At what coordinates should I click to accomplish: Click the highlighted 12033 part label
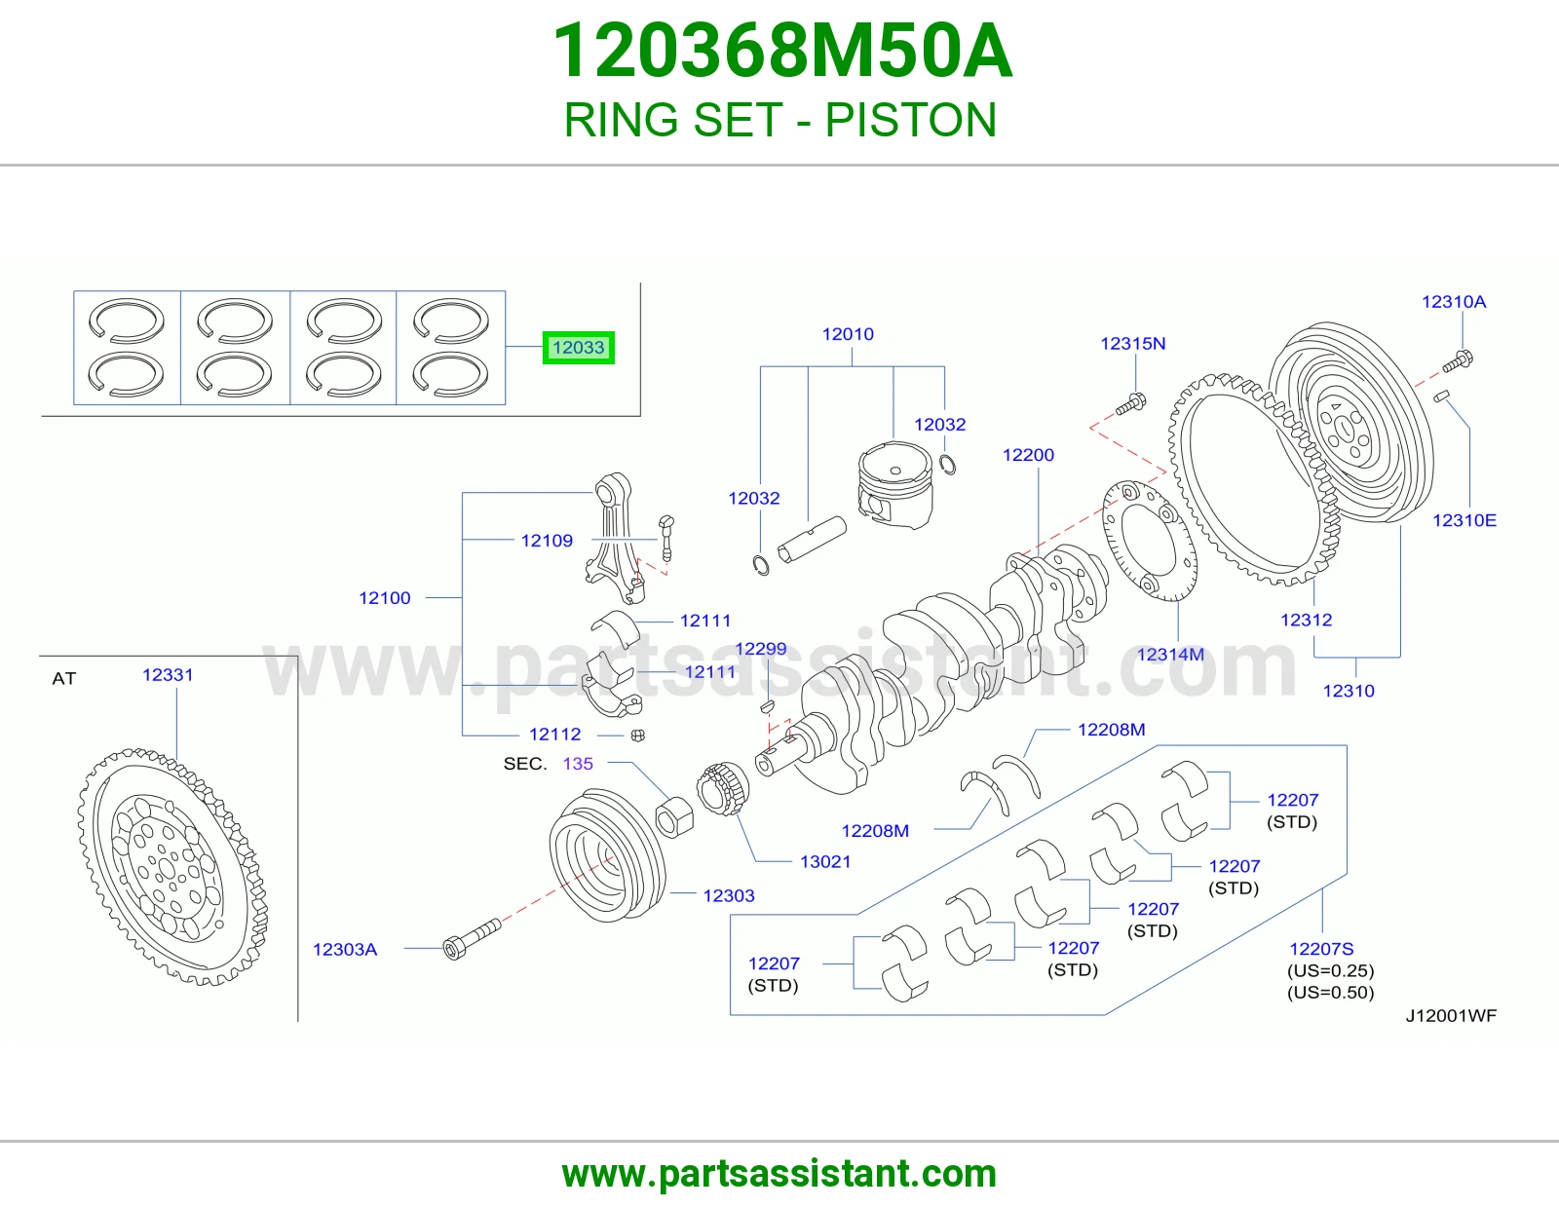pyautogui.click(x=578, y=348)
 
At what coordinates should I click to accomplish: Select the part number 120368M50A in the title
pyautogui.click(x=782, y=51)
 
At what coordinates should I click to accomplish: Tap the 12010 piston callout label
pyautogui.click(x=848, y=334)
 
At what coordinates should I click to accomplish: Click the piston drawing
pyautogui.click(x=895, y=485)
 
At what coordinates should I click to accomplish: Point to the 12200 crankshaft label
pyautogui.click(x=1028, y=455)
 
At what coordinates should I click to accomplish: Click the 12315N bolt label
pyautogui.click(x=1133, y=344)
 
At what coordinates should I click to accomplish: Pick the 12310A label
pyautogui.click(x=1454, y=302)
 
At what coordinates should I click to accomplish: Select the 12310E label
pyautogui.click(x=1464, y=521)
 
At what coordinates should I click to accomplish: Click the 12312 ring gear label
pyautogui.click(x=1306, y=620)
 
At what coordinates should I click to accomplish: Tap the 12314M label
pyautogui.click(x=1170, y=655)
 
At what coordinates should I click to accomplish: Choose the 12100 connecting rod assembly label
pyautogui.click(x=385, y=598)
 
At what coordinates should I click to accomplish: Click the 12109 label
pyautogui.click(x=547, y=541)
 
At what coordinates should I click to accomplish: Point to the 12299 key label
pyautogui.click(x=760, y=649)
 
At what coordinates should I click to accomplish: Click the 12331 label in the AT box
pyautogui.click(x=168, y=675)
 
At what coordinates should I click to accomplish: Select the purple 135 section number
pyautogui.click(x=578, y=763)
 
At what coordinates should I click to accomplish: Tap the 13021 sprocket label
pyautogui.click(x=825, y=861)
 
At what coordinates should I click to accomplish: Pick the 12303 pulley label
pyautogui.click(x=728, y=896)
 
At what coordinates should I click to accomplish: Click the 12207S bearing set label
pyautogui.click(x=1321, y=949)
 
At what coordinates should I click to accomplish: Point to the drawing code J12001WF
pyautogui.click(x=1451, y=1016)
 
